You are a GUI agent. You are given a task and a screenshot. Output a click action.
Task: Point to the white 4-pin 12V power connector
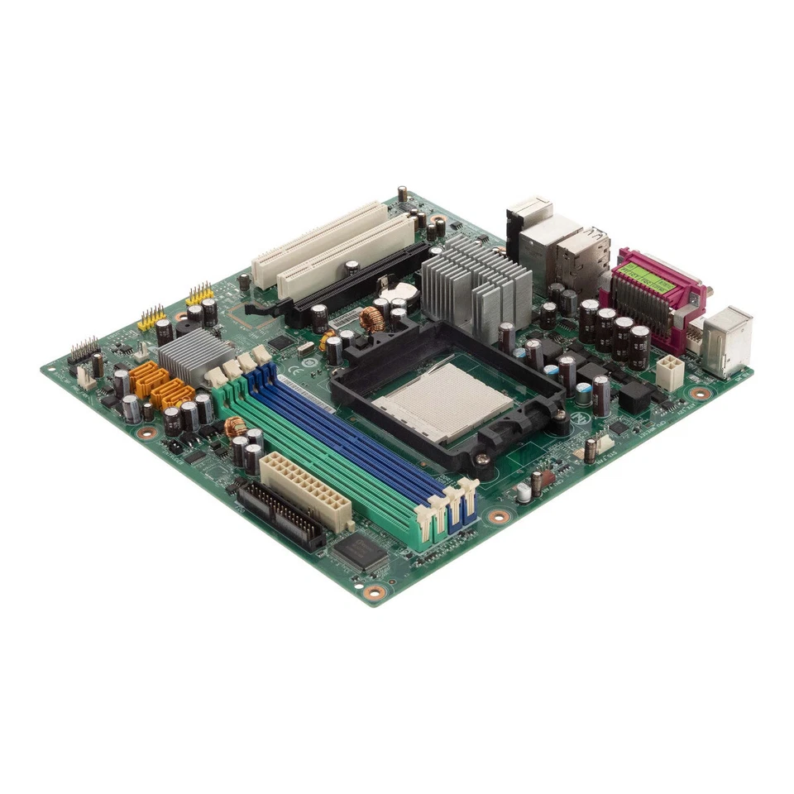(670, 372)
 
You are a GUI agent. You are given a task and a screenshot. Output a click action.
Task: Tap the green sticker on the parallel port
(649, 274)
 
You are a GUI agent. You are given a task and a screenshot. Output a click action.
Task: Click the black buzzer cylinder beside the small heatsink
(164, 331)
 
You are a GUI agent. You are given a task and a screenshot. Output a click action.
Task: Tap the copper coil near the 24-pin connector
(236, 427)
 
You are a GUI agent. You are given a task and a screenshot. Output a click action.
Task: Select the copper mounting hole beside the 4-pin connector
(701, 394)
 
